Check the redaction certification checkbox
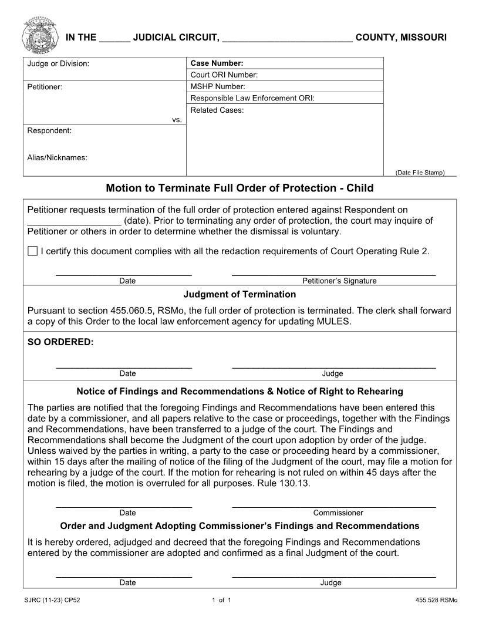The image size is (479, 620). (32, 251)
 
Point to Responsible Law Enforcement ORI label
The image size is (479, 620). (252, 98)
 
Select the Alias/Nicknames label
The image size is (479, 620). (57, 157)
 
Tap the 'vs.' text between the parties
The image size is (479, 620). (177, 120)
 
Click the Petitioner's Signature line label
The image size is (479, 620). (339, 281)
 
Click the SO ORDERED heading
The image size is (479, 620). (60, 342)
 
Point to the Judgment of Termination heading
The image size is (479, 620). (239, 294)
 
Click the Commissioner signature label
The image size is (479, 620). (338, 513)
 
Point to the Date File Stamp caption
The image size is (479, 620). (420, 173)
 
